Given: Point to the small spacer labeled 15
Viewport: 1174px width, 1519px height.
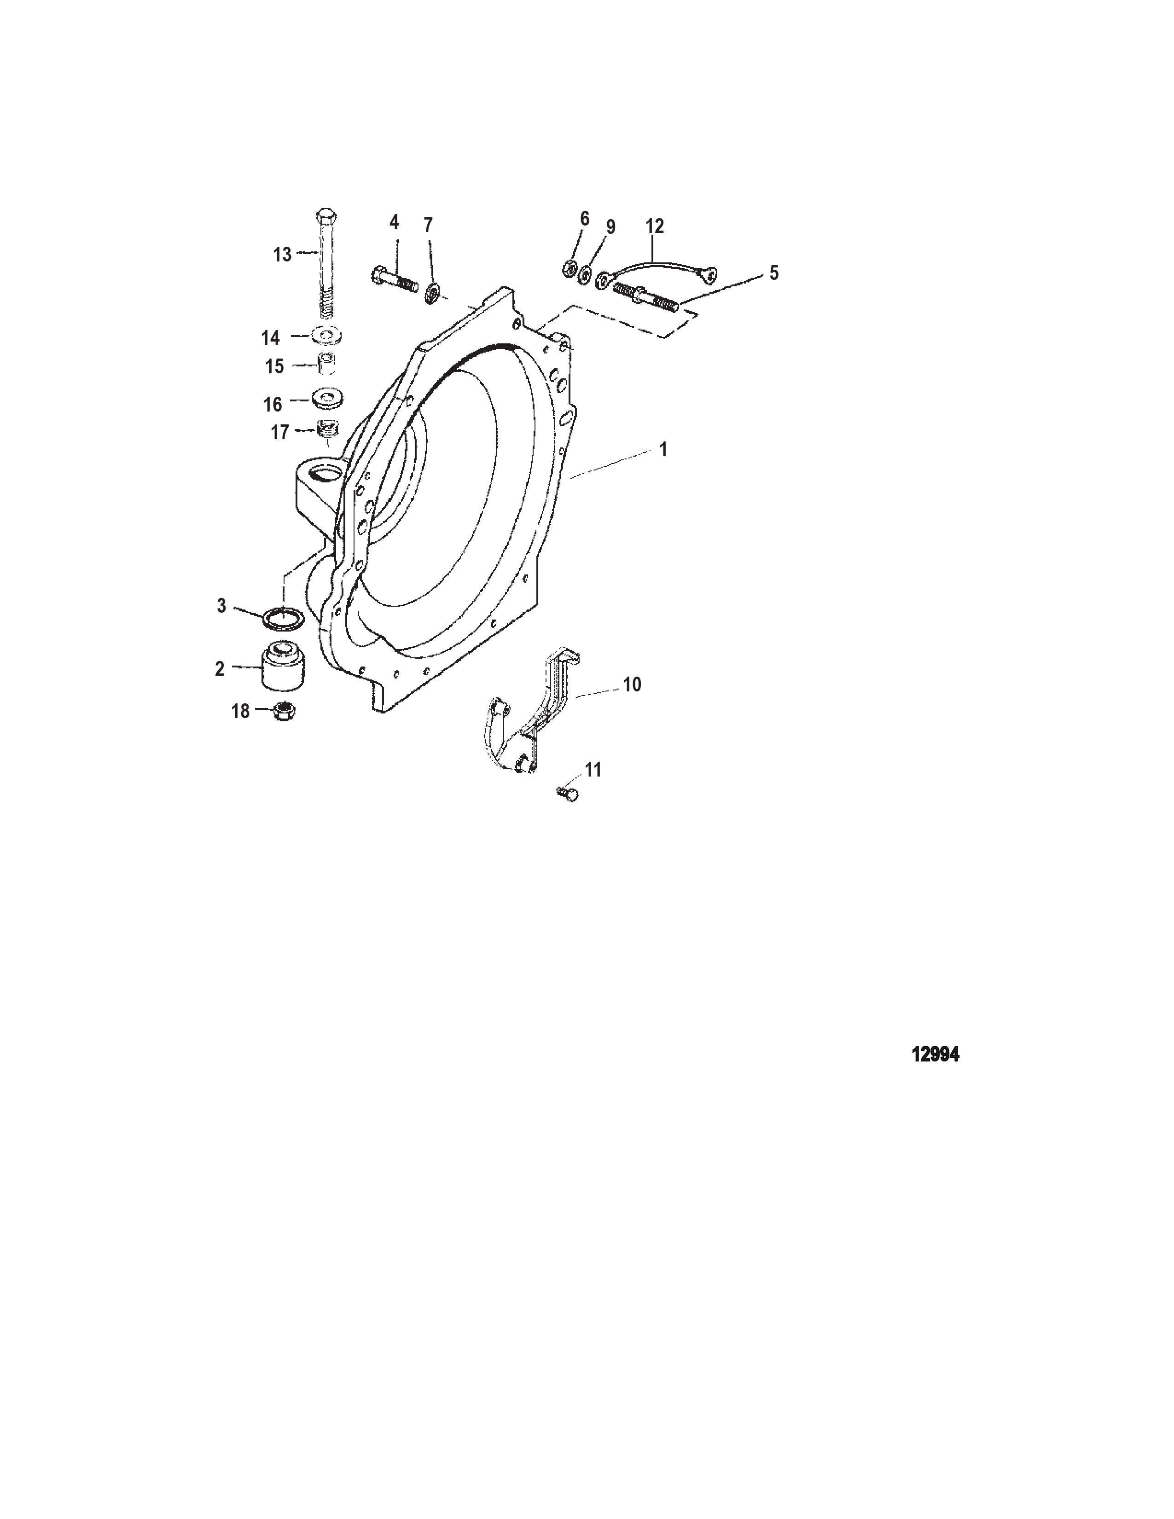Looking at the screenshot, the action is point(327,365).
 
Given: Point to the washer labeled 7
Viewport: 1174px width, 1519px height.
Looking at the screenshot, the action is point(432,293).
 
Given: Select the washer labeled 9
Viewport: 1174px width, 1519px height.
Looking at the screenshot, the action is point(584,274).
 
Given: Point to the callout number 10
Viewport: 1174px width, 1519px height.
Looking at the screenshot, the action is point(632,684).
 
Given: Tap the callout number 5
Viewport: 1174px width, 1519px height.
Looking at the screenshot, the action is point(774,272).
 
